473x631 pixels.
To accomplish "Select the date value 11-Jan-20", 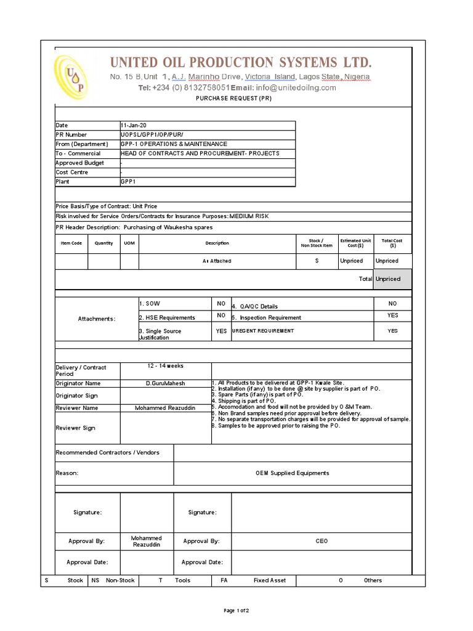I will coord(134,125).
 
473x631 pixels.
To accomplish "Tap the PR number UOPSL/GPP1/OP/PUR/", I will coord(152,134).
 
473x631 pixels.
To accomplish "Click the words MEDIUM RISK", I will coord(249,216).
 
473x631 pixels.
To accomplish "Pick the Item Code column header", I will coord(71,243).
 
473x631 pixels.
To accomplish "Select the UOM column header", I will coord(129,243).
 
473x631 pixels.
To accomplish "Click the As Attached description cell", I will coord(217,261).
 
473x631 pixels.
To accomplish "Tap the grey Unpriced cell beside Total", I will coord(388,279).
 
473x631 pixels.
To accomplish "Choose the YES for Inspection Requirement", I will coord(392,315).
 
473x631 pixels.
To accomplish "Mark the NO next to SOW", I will coord(220,304).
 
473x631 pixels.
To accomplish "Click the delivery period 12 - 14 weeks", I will coord(165,366).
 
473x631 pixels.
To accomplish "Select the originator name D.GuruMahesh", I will coord(165,383).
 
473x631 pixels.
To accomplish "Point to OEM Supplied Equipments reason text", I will coord(293,473).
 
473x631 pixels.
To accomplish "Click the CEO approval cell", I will coord(322,541).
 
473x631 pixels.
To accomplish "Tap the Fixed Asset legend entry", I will coord(270,580).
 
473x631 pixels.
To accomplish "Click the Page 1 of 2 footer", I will coord(236,611).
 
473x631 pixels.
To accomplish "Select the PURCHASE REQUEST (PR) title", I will coord(233,99).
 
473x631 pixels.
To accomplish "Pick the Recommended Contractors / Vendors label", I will coord(108,453).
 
